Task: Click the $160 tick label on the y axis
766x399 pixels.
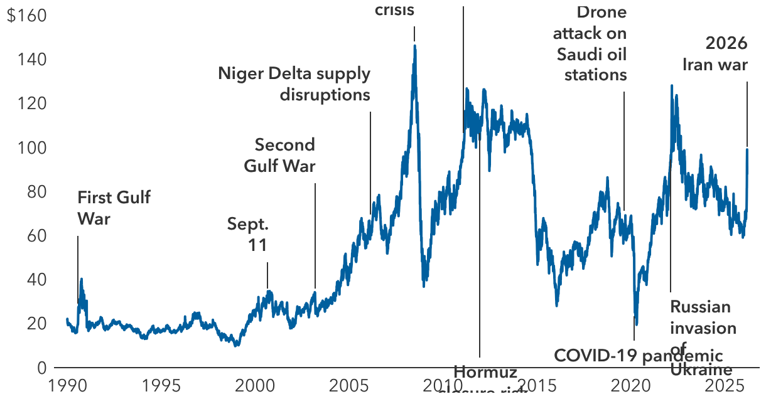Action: tap(26, 16)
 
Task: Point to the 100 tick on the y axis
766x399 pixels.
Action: tap(33, 147)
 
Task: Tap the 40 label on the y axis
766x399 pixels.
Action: tap(36, 279)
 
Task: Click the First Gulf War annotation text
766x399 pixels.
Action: tap(114, 208)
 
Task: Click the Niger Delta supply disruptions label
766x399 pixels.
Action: tap(294, 84)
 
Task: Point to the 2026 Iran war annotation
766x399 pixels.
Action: tap(716, 54)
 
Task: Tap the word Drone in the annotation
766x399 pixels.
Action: tap(601, 12)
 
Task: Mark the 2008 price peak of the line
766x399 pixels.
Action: tap(414, 46)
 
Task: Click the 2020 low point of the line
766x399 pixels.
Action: tap(637, 324)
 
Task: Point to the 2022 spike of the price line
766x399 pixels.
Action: tap(672, 86)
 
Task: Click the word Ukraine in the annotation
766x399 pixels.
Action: tap(701, 370)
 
